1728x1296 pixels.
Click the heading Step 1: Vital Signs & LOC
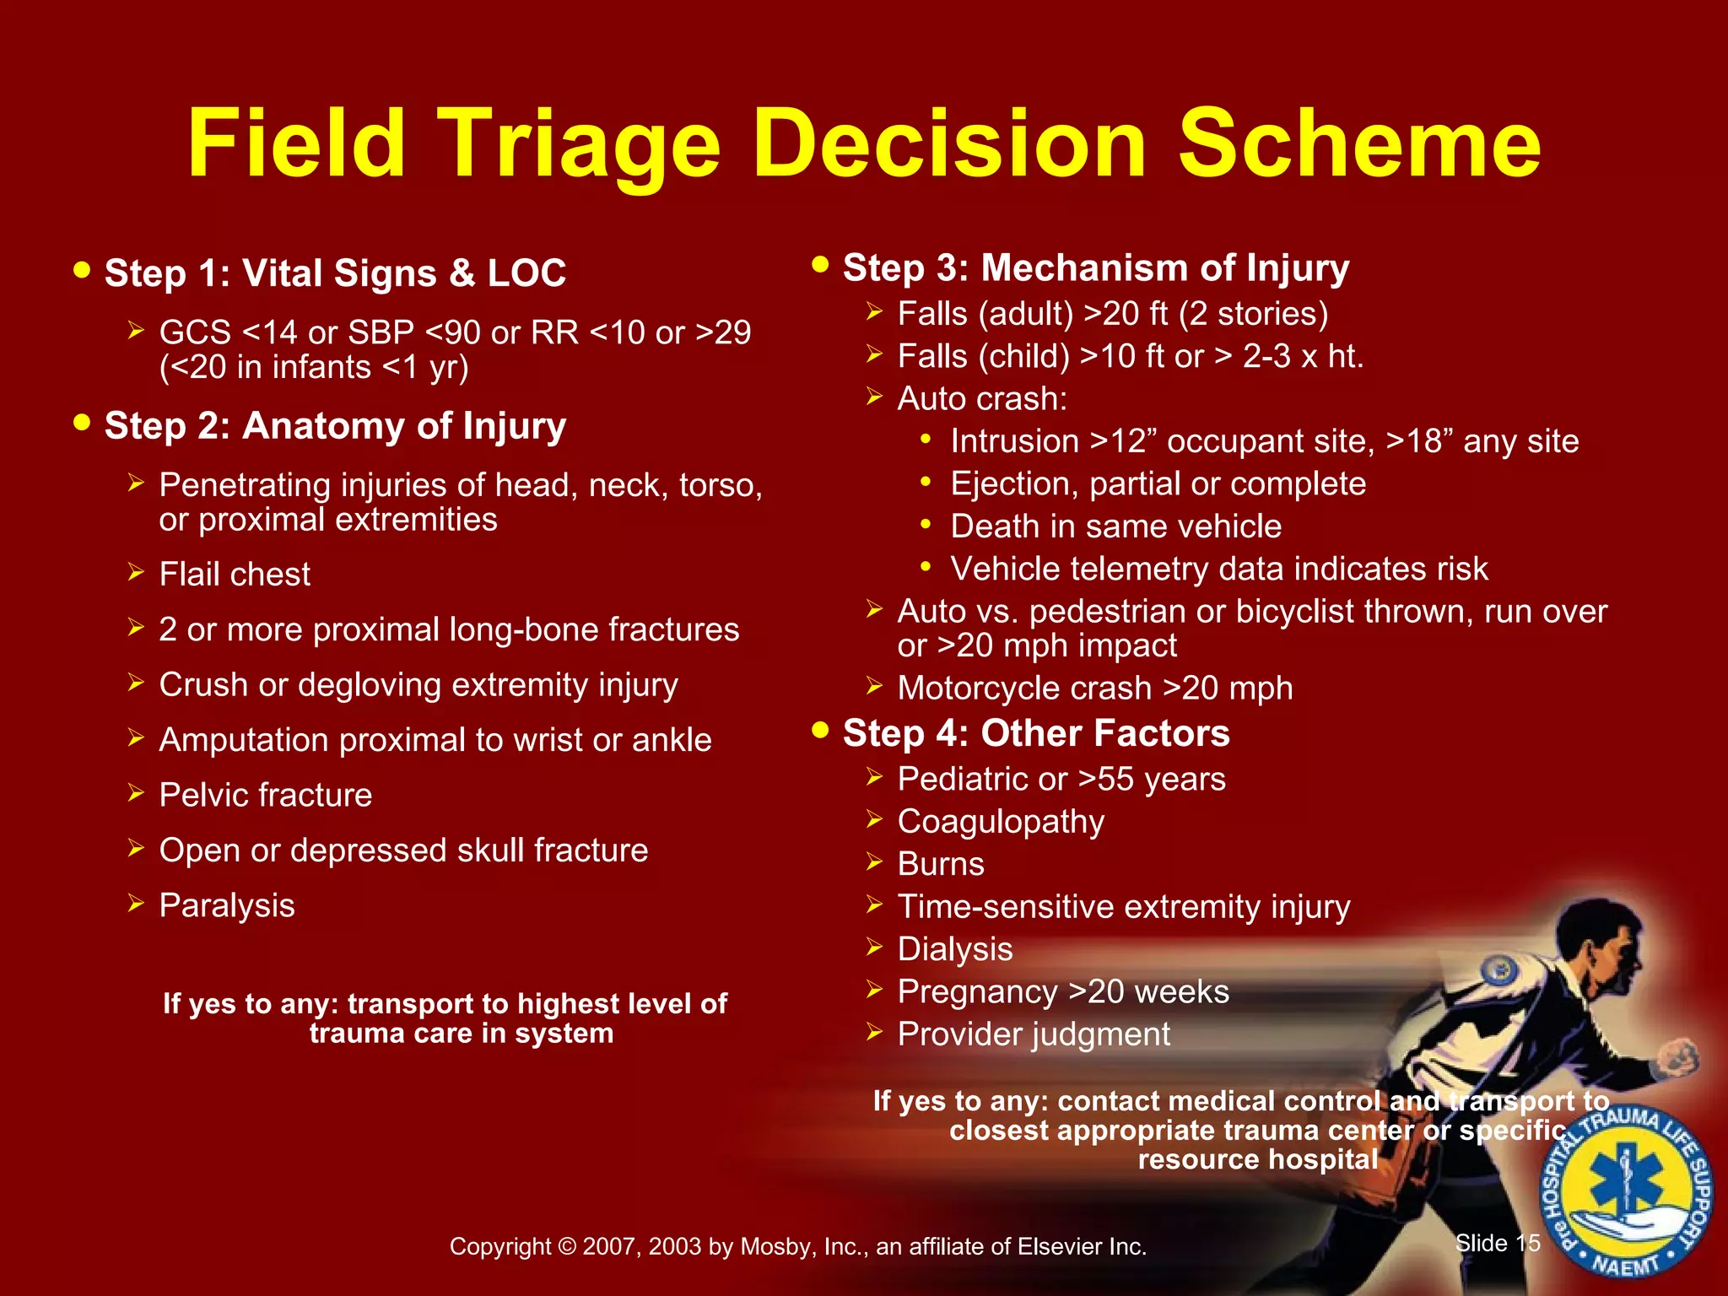click(335, 273)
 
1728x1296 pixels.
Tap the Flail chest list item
click(235, 575)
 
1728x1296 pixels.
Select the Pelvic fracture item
click(265, 796)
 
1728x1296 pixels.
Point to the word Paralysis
click(227, 906)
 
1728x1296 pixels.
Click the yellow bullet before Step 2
click(82, 422)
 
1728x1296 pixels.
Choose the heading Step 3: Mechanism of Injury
click(1095, 268)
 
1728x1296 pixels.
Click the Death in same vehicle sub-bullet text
click(1115, 526)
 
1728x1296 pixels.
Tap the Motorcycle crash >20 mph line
click(1094, 688)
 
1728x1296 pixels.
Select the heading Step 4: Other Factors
click(1035, 733)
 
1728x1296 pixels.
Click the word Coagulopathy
click(1001, 822)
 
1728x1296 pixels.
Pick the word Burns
click(941, 865)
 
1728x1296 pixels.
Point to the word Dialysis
click(954, 950)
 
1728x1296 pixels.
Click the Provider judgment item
click(1034, 1035)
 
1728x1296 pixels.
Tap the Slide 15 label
click(1498, 1243)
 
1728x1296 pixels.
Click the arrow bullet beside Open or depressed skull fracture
click(137, 848)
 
